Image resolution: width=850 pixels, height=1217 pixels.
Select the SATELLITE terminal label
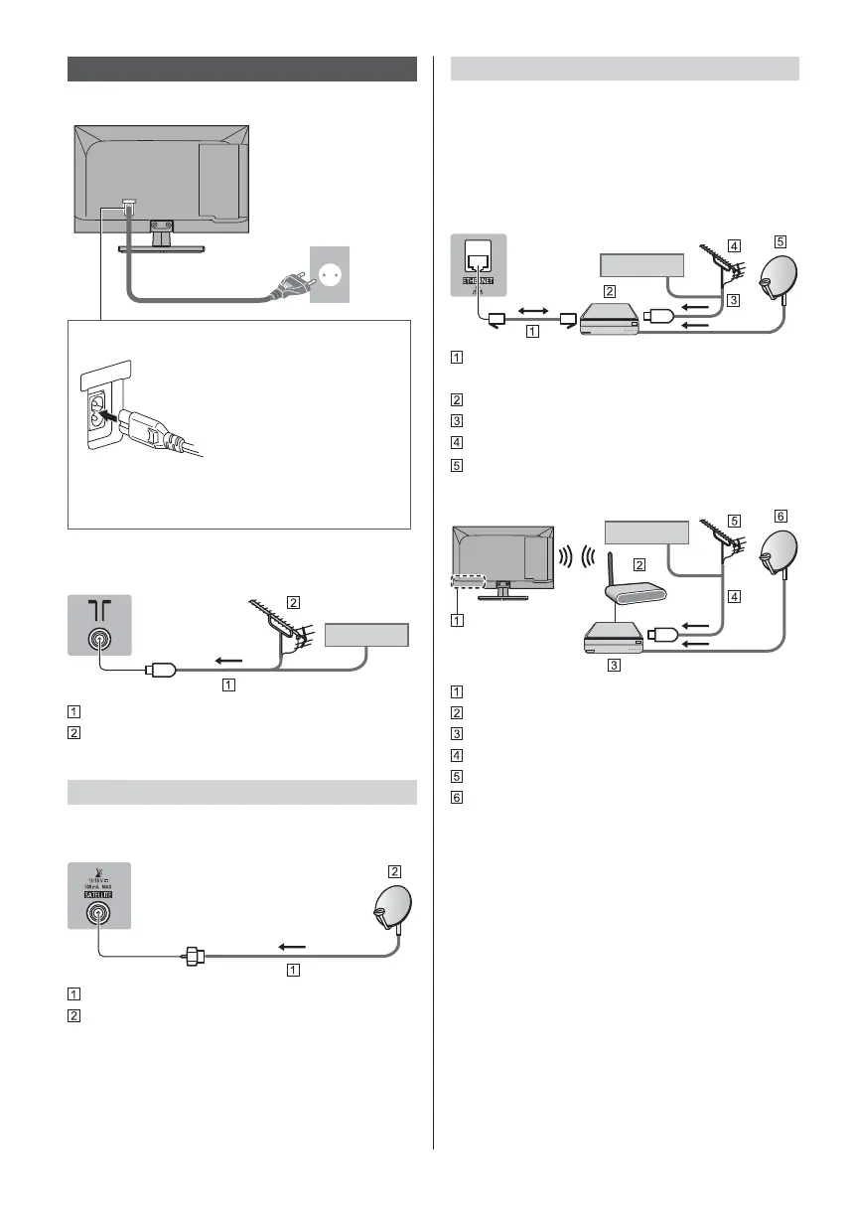click(x=98, y=892)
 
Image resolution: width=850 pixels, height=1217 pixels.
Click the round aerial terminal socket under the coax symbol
click(x=98, y=641)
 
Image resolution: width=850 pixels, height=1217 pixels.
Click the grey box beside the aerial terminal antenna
click(x=369, y=635)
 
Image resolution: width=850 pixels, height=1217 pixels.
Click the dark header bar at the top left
click(x=242, y=69)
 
